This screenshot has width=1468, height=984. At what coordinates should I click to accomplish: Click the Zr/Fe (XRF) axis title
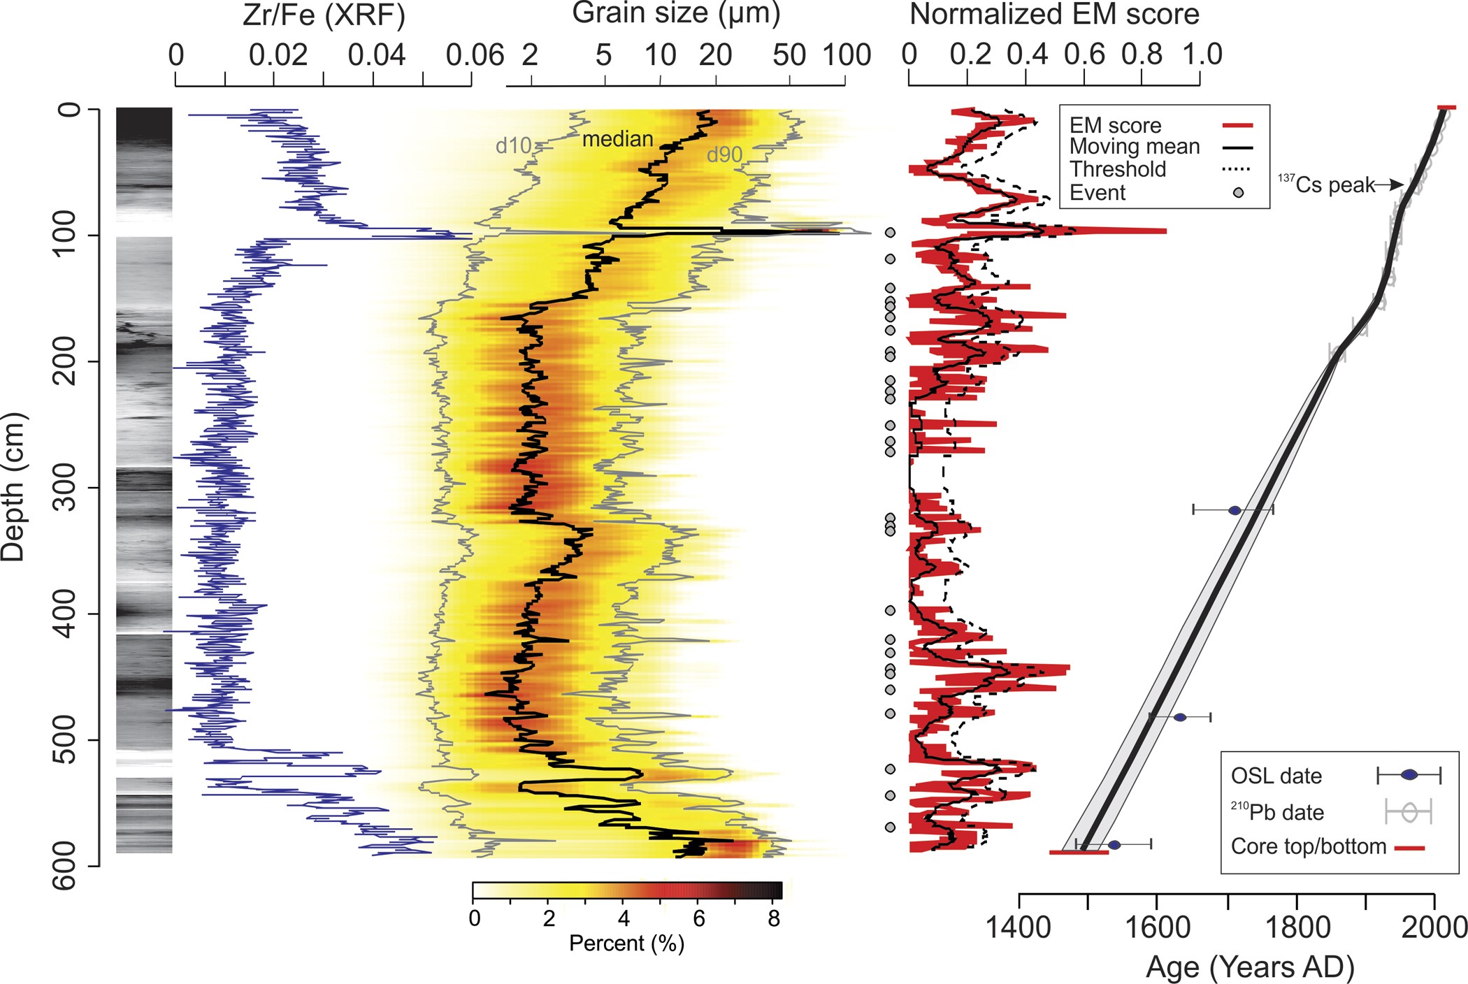tap(323, 15)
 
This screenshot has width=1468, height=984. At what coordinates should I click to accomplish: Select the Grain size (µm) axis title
tap(675, 13)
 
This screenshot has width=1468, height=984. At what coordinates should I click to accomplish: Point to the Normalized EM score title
tap(1053, 14)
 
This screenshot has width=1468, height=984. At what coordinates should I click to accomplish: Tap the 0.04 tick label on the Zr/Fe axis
tap(376, 55)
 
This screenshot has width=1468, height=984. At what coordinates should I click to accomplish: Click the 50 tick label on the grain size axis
tap(789, 55)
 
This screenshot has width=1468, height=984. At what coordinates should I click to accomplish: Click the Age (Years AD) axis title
tap(1250, 967)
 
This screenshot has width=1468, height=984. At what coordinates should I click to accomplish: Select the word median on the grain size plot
tap(617, 139)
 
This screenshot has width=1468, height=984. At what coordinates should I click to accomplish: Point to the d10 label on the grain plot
tap(513, 145)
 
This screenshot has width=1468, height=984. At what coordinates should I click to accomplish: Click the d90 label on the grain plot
tap(724, 154)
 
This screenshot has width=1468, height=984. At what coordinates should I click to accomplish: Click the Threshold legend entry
tap(1117, 169)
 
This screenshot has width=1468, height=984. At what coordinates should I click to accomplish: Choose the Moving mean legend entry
tap(1134, 147)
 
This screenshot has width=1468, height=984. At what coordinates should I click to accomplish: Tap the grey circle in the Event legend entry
tap(1238, 192)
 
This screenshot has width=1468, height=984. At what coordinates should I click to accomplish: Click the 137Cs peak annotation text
tap(1326, 184)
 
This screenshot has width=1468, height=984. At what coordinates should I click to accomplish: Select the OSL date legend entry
tap(1276, 776)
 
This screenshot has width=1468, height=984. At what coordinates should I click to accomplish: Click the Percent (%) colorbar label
tap(626, 943)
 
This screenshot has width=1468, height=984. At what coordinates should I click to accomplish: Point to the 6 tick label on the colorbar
tap(698, 918)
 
